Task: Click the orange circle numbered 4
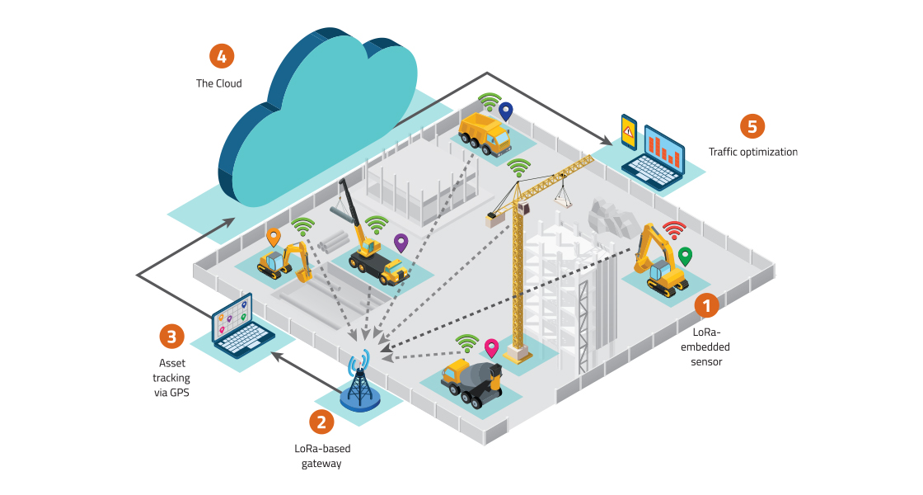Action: click(222, 56)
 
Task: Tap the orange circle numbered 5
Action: click(752, 126)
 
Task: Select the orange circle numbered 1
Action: click(706, 306)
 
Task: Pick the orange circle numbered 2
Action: click(321, 422)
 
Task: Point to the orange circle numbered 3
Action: click(171, 336)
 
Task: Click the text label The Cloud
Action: click(218, 83)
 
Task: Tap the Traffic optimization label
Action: click(752, 153)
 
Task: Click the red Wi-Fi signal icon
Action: click(675, 230)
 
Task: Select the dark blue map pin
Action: click(506, 111)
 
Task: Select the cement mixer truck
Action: click(471, 379)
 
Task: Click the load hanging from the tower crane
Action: click(564, 195)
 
